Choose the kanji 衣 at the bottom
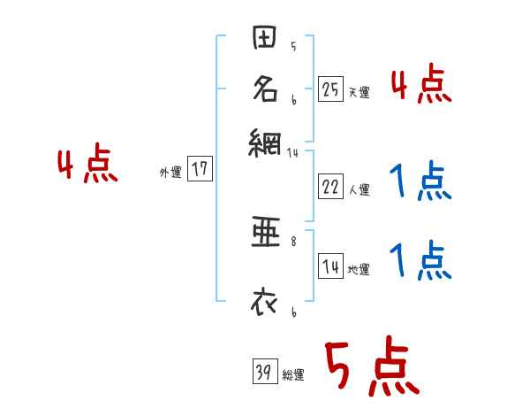coord(266,302)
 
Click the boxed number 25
coord(330,89)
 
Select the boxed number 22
coord(330,187)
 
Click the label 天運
coord(360,92)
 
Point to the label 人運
coord(360,190)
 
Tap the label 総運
coord(293,375)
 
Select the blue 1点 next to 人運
coord(420,183)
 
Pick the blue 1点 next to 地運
coord(420,262)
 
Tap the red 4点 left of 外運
coord(87,166)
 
